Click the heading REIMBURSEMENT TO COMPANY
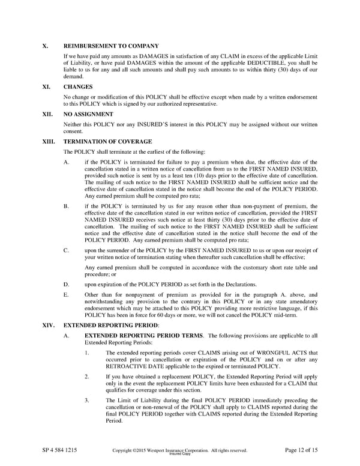[x=111, y=46]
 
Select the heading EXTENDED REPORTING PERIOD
[x=111, y=324]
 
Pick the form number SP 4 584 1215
[x=59, y=450]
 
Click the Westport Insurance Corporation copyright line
[x=180, y=450]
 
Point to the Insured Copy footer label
[x=180, y=454]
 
